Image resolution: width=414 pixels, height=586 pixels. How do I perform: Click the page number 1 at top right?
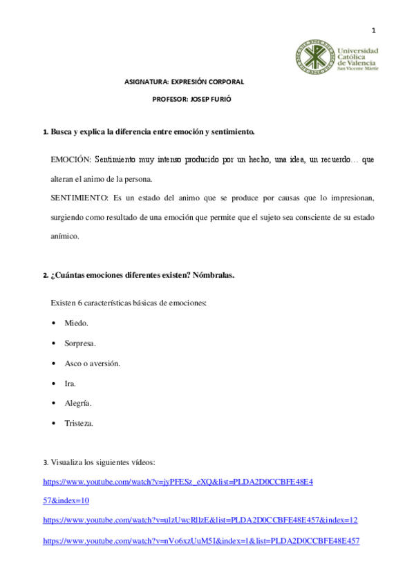tap(373, 30)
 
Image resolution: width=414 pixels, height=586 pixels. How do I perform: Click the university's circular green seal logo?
tap(314, 57)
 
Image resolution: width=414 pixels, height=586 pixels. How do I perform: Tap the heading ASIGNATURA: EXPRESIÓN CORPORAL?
tap(184, 82)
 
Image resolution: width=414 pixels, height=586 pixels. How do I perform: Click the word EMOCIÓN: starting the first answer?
tap(70, 160)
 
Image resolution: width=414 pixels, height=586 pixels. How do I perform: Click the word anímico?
tap(65, 236)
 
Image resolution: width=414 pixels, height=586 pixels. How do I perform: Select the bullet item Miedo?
tap(76, 323)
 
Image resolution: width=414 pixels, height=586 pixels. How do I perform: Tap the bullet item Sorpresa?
tap(80, 343)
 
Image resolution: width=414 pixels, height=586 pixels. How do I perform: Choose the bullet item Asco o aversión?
tap(93, 363)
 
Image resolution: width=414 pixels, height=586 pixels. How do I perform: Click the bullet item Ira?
tap(70, 383)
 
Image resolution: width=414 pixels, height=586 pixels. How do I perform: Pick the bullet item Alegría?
tap(78, 403)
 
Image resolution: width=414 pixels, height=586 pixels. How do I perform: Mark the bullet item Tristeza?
tap(79, 423)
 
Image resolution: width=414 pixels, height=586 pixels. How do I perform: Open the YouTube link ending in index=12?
tap(200, 520)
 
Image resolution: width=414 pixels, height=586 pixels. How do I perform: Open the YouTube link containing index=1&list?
tap(201, 540)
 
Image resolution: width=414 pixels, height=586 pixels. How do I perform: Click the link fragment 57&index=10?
tap(66, 500)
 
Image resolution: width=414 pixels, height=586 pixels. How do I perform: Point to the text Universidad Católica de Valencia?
tap(357, 58)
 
